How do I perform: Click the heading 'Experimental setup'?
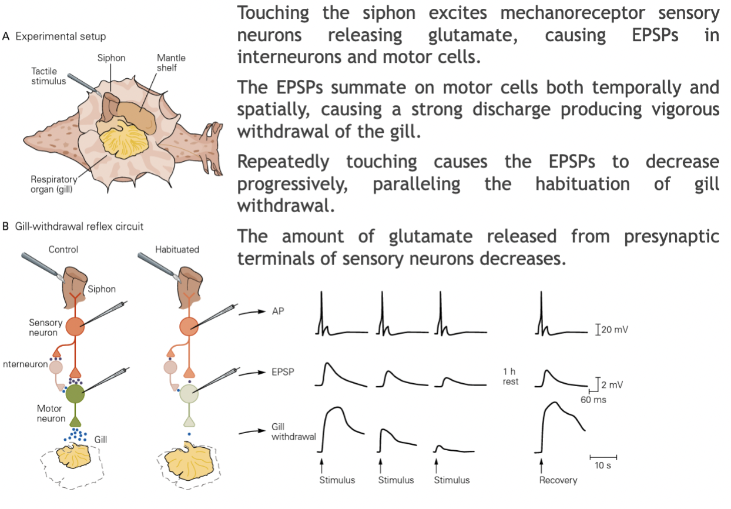[61, 36]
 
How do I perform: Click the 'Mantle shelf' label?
[171, 63]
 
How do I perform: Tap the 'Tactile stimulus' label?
[49, 76]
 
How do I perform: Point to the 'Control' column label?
[63, 249]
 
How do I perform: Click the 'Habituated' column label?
[177, 249]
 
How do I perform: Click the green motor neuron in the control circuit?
[75, 393]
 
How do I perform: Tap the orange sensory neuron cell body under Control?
[75, 326]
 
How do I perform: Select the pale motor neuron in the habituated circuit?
[189, 393]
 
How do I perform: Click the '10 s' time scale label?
[603, 467]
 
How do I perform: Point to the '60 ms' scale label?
[594, 400]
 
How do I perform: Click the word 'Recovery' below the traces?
[558, 480]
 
